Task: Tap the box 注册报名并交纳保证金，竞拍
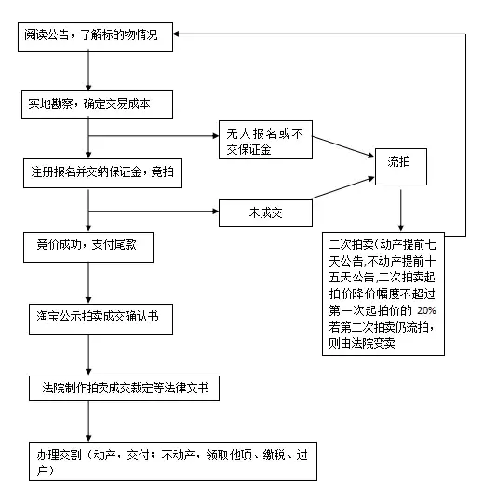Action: click(x=105, y=172)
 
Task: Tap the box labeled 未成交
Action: click(x=265, y=212)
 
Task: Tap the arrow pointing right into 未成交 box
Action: click(x=209, y=212)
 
